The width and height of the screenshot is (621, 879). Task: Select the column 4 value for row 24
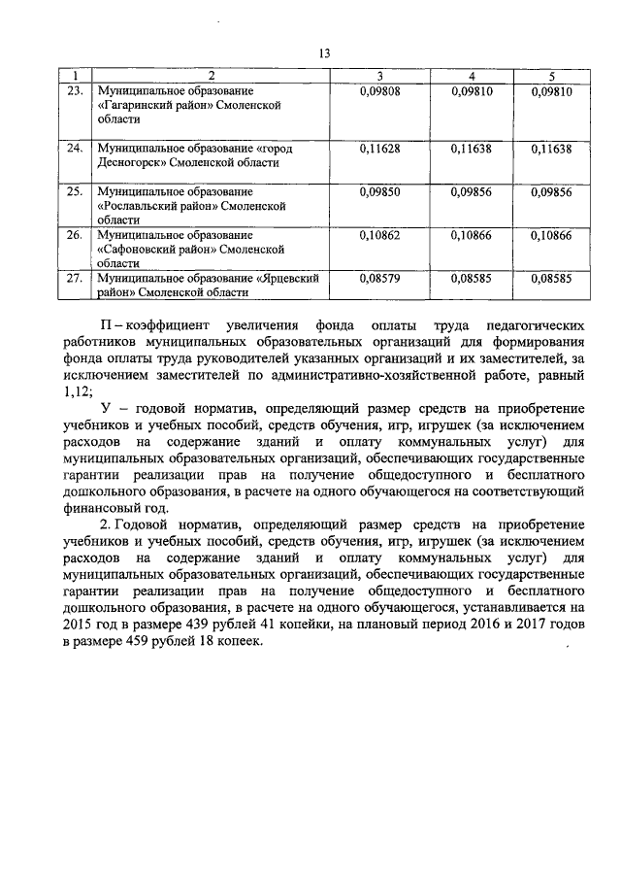click(471, 149)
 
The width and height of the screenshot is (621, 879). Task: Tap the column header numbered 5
click(552, 76)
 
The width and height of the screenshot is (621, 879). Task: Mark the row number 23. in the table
click(74, 90)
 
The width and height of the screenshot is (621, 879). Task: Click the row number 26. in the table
click(74, 235)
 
